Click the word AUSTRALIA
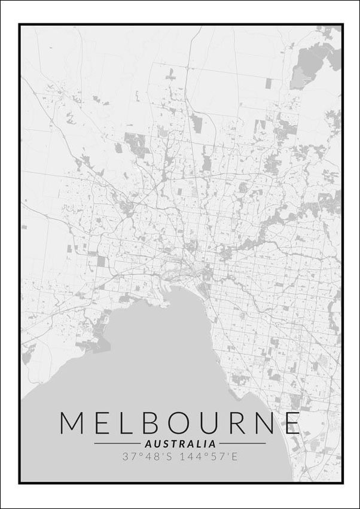180,444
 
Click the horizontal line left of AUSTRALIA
117,444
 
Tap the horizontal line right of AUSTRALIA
242,444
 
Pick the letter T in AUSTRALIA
172,444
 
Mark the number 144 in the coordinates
196,456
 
